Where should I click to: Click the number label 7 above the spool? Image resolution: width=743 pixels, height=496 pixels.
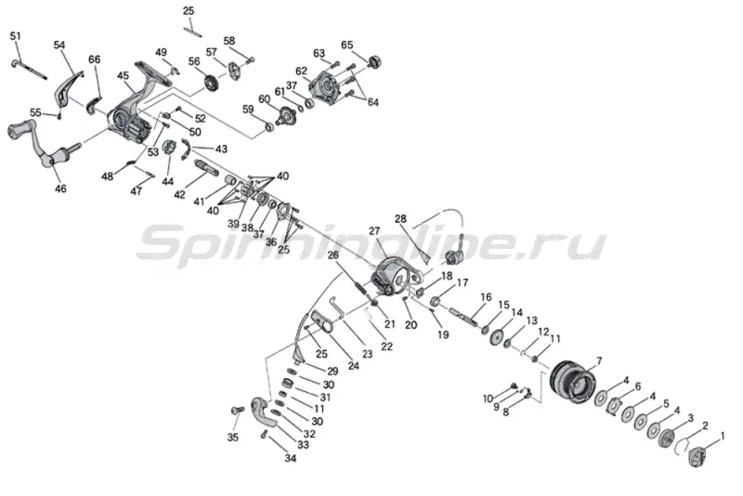click(599, 360)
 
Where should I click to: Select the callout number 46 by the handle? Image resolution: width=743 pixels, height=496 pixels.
click(60, 189)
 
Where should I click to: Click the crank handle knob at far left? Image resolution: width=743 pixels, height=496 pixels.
click(20, 130)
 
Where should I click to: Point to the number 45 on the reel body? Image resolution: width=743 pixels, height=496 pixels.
click(124, 76)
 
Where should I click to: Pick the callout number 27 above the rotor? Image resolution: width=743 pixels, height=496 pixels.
click(375, 231)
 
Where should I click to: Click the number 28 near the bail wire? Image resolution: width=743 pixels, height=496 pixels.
click(400, 219)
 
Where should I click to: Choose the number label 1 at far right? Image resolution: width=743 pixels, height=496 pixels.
click(723, 436)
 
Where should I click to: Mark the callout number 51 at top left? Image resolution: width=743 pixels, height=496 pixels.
click(15, 36)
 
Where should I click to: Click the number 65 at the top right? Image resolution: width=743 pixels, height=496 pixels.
click(347, 45)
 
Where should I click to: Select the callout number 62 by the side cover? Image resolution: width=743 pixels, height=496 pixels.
click(301, 71)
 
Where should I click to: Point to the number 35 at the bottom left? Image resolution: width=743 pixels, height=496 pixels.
click(233, 437)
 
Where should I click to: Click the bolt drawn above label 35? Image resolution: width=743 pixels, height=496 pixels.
click(235, 410)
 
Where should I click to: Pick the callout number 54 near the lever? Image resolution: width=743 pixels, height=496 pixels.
click(59, 45)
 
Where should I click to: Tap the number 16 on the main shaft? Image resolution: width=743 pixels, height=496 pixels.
click(485, 297)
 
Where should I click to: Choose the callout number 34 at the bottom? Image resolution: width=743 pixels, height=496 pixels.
click(291, 457)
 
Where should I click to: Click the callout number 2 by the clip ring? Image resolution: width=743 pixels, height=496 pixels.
click(705, 425)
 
